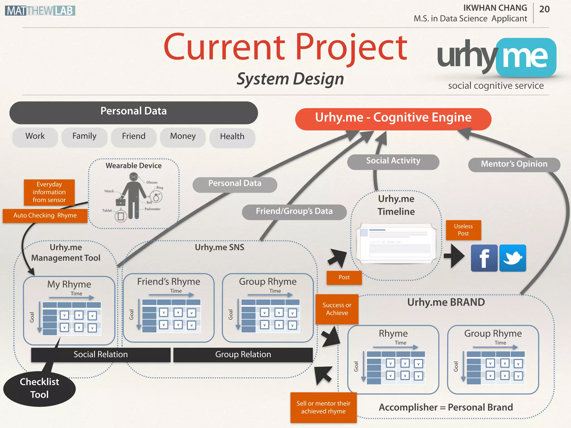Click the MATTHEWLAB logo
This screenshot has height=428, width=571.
coord(40,11)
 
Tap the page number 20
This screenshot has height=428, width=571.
coord(544,9)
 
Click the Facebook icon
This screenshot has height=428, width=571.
coord(484,258)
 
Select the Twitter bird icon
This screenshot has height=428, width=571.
coord(512,258)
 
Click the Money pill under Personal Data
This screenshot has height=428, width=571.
coord(183,137)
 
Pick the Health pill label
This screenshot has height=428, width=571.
coord(232,137)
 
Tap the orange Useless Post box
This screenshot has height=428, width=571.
coord(463,230)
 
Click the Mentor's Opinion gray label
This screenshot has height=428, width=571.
coord(514,164)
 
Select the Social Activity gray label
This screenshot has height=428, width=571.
coord(393,161)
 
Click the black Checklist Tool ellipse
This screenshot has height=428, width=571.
coord(39,388)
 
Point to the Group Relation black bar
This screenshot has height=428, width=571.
coord(243,354)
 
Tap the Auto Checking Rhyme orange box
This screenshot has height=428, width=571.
coord(45,216)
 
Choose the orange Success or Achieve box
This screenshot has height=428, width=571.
coord(337,309)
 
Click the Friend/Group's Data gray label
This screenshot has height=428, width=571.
coord(294,211)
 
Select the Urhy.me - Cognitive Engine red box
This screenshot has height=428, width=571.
coord(393,118)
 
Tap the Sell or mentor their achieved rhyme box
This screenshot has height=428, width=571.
coord(323,407)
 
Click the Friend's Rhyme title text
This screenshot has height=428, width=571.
coord(168,282)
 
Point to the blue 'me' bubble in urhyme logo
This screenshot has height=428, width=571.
coord(526,57)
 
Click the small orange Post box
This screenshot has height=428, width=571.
coord(344,278)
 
